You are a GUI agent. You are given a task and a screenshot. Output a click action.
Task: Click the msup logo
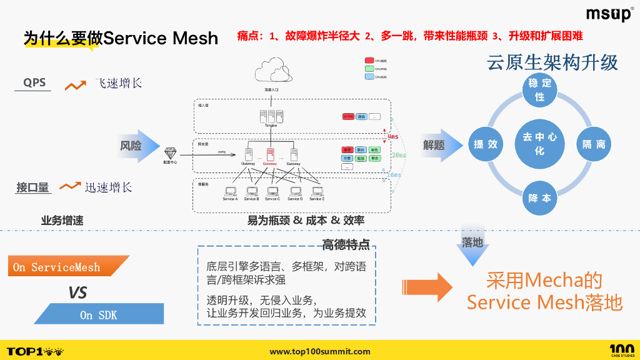pos(609,14)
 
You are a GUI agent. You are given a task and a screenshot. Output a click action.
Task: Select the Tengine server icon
pos(271,116)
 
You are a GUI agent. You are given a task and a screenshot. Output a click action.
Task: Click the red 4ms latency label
pos(393,136)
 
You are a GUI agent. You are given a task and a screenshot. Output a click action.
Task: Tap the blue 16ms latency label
pos(394,176)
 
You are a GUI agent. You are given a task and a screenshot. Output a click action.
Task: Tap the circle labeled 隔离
pos(593,144)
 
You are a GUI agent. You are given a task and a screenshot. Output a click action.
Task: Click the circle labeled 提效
pos(486,144)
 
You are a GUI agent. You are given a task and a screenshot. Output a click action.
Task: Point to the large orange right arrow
pos(431,287)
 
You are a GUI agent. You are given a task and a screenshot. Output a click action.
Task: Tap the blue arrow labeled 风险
pos(137,146)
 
